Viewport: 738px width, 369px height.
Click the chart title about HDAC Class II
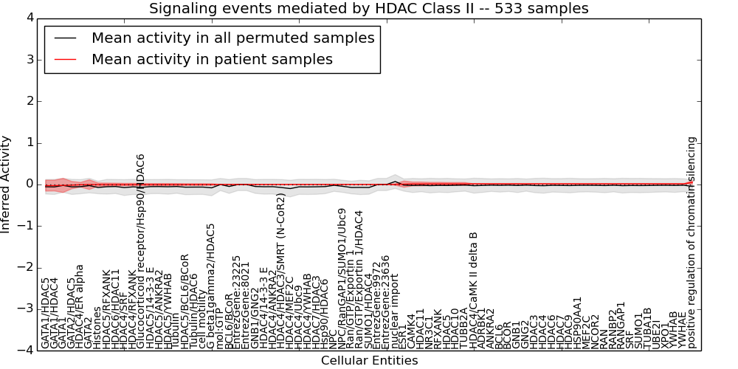[369, 9]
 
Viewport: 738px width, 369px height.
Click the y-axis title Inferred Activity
[7, 184]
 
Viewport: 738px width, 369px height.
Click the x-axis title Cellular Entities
[369, 361]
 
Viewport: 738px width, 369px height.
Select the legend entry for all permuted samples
[232, 38]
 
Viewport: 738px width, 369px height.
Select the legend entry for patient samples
[212, 60]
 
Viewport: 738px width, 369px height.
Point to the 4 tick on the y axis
[29, 18]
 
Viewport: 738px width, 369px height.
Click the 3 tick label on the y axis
[29, 59]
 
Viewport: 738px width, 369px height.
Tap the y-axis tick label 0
[29, 184]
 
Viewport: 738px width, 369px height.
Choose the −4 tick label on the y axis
[25, 351]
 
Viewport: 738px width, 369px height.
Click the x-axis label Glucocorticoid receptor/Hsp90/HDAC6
[141, 251]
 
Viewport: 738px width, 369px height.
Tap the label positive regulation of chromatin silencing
[692, 242]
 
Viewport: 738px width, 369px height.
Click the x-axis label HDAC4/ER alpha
[80, 306]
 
